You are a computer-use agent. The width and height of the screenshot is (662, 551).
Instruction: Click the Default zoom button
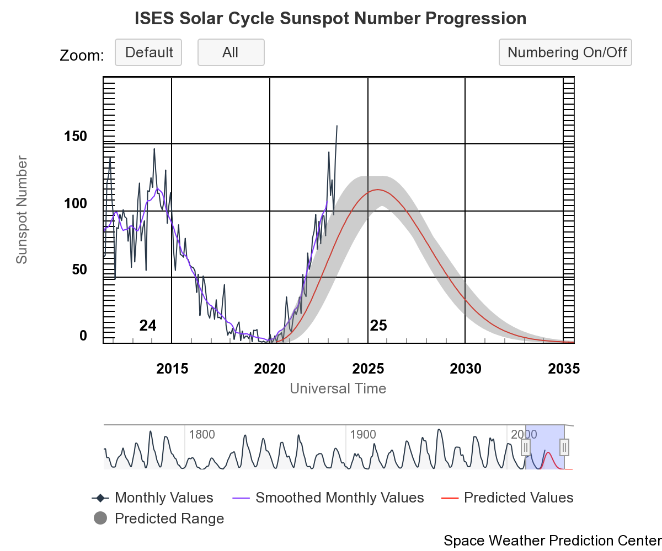click(x=148, y=52)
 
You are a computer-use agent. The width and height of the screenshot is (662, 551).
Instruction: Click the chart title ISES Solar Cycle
click(x=330, y=19)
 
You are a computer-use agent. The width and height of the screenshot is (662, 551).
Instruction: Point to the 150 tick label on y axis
click(x=76, y=136)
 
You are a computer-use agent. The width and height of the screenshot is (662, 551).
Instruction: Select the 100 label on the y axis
click(x=76, y=203)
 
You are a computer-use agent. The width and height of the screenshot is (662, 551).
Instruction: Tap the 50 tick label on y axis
click(x=79, y=270)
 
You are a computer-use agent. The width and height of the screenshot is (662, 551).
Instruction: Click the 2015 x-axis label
click(x=172, y=369)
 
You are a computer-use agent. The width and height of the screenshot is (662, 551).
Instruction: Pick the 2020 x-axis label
click(x=270, y=369)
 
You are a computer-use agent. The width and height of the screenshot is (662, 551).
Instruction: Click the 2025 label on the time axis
click(x=368, y=369)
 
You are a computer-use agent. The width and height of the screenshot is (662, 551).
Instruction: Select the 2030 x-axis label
click(x=466, y=369)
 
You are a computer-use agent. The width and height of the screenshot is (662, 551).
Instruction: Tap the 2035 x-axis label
click(x=564, y=369)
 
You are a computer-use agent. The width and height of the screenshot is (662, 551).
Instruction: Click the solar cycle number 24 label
click(x=148, y=326)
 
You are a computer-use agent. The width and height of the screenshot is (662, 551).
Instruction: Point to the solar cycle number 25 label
click(x=378, y=326)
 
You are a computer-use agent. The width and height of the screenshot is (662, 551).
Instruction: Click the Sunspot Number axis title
click(x=22, y=210)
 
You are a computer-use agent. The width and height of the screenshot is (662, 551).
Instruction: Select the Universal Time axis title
click(x=338, y=388)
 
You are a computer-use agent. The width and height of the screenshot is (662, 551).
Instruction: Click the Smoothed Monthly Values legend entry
click(x=339, y=498)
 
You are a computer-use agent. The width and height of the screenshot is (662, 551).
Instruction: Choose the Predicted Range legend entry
click(x=169, y=518)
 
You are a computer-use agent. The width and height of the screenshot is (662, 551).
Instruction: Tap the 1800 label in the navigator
click(x=202, y=434)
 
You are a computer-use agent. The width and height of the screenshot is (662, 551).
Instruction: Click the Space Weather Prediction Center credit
click(x=552, y=541)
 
